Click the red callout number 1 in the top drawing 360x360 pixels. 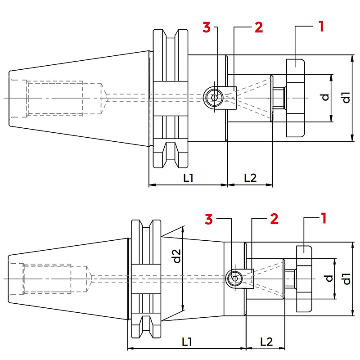(321, 27)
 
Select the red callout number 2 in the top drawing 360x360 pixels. (259, 27)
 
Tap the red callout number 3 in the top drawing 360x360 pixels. (207, 27)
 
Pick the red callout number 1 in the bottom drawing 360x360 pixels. (324, 218)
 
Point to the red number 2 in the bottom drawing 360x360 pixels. (274, 219)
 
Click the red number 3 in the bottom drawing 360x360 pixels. (209, 219)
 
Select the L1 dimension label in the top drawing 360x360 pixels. (188, 177)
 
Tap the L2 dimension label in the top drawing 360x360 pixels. (250, 178)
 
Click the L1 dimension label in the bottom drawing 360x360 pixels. (187, 342)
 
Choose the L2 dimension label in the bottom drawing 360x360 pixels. (266, 342)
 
